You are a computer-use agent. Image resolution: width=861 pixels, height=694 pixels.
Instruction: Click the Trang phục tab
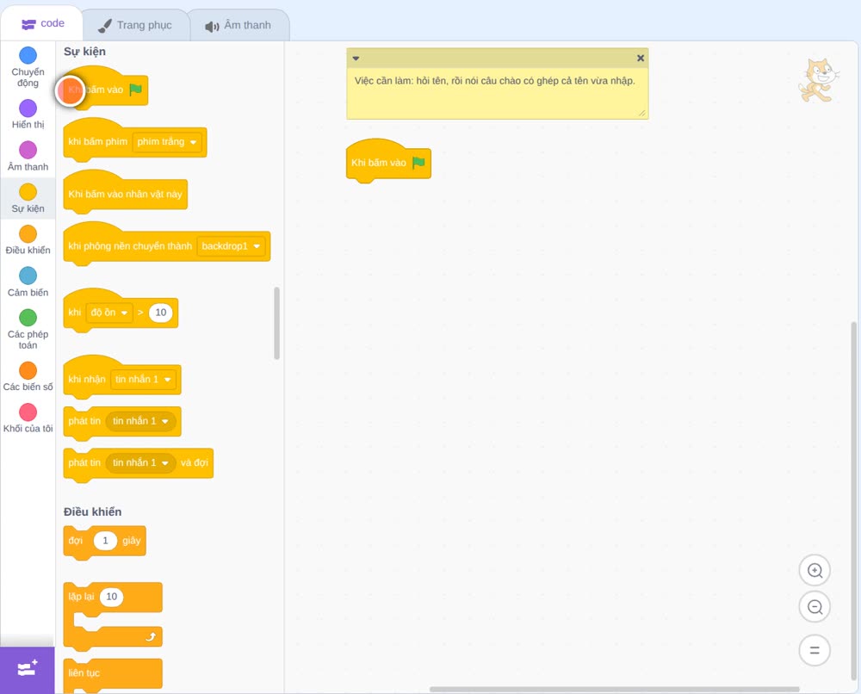coord(135,25)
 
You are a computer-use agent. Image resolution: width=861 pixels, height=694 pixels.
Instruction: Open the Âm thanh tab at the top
coord(238,25)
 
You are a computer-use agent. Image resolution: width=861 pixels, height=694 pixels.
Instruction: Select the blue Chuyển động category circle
coord(28,55)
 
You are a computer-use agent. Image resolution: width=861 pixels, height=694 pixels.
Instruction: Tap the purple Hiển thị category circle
coord(28,108)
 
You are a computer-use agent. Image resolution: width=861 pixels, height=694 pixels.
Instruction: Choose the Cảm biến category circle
coord(28,276)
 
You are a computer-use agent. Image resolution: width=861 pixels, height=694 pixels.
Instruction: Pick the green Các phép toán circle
coord(28,318)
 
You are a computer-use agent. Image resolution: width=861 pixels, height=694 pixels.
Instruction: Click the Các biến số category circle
coord(28,370)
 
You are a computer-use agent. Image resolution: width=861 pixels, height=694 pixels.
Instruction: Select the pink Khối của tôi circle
coord(28,412)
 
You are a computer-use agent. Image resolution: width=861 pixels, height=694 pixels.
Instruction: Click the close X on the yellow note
coord(641,58)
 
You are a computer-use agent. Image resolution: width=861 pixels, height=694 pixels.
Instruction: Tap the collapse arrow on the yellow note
coord(356,59)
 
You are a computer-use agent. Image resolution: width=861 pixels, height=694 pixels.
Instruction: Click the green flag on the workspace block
coord(418,163)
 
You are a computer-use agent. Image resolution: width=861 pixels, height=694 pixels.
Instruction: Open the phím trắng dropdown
coord(167,142)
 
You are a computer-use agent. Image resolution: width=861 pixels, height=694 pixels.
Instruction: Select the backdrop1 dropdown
coord(231,246)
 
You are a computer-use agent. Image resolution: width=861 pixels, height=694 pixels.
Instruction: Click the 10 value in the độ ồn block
coord(161,313)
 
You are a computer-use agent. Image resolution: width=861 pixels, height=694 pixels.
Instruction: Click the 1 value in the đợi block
coord(105,540)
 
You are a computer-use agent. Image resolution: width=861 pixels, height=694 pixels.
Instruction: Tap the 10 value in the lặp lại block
coord(111,597)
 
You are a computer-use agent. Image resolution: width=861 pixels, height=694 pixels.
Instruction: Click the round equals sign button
coord(815,650)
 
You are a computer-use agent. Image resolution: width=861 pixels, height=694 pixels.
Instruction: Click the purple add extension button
coord(28,670)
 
